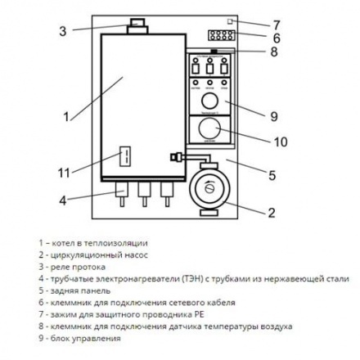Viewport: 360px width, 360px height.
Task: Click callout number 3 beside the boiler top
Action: tap(62, 32)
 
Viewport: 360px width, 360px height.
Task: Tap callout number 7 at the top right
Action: tap(276, 24)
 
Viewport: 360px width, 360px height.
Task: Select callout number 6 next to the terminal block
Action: tap(276, 38)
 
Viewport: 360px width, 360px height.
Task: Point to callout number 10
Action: tap(280, 142)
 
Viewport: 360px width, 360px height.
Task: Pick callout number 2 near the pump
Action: tap(272, 214)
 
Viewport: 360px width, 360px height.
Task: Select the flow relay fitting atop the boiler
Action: tap(136, 27)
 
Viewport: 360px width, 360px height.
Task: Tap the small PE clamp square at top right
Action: tap(232, 21)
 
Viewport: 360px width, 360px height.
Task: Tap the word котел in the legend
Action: tap(61, 243)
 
